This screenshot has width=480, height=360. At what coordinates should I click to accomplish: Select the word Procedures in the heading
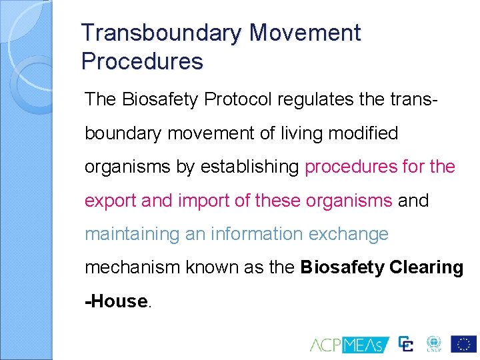click(141, 61)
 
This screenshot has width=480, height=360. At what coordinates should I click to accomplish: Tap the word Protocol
click(239, 99)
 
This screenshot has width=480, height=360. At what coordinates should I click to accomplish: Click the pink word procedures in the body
click(351, 167)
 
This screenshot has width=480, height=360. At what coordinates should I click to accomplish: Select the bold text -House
click(116, 301)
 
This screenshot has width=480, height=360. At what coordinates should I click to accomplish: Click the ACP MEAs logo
click(346, 344)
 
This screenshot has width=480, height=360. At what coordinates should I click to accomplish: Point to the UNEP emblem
click(433, 343)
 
